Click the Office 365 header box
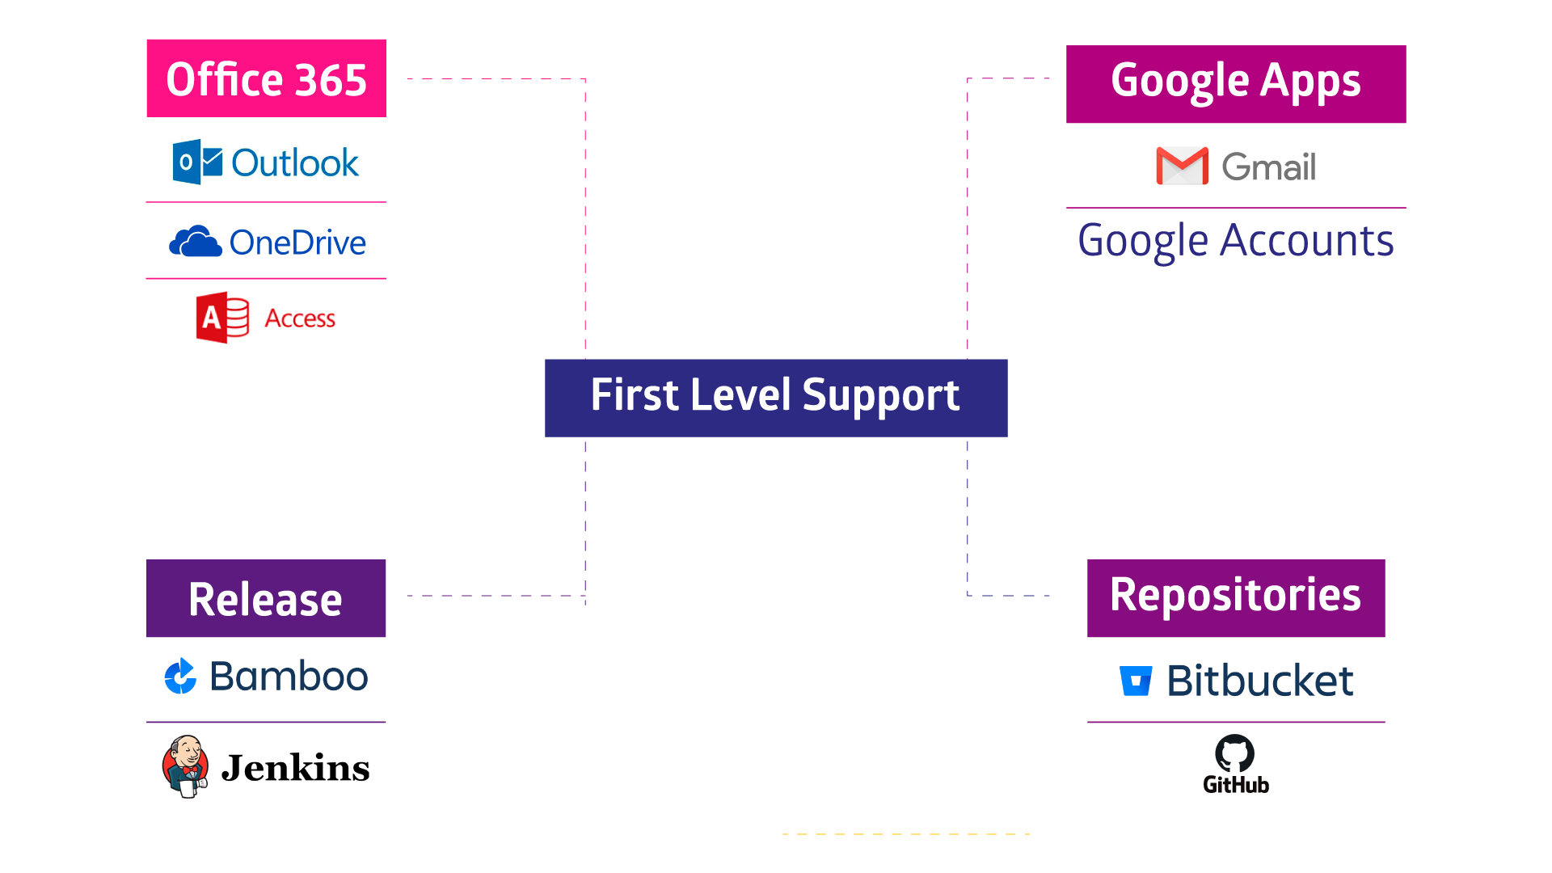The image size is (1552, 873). click(x=266, y=78)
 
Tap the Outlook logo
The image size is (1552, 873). click(x=266, y=162)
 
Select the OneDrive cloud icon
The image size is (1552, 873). click(x=195, y=242)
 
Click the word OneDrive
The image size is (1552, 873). click(x=297, y=242)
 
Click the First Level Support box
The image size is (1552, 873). click(x=775, y=398)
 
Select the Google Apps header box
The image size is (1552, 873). click(x=1235, y=84)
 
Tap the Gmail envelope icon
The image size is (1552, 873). click(x=1182, y=166)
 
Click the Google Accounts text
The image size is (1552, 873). click(x=1235, y=241)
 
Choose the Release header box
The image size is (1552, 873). click(x=266, y=598)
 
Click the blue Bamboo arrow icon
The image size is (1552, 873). click(x=180, y=677)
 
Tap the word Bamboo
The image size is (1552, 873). click(x=289, y=677)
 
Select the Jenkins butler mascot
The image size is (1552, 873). click(x=186, y=765)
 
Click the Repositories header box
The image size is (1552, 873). click(x=1235, y=598)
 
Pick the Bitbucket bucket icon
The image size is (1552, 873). click(x=1136, y=681)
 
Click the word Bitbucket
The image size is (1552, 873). click(x=1259, y=681)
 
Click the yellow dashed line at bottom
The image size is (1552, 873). click(x=905, y=833)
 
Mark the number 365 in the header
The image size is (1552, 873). click(x=331, y=80)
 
